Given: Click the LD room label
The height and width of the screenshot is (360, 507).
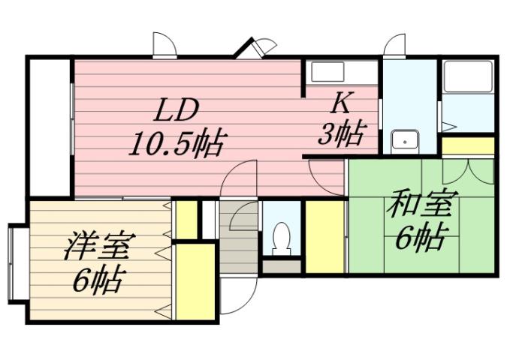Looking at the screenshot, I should click(177, 110).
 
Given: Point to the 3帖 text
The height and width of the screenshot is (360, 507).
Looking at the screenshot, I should click(341, 135).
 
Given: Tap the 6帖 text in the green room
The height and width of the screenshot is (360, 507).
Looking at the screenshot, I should click(415, 238).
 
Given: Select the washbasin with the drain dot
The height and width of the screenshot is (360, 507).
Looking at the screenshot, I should click(407, 140).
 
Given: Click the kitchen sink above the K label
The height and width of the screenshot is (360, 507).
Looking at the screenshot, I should click(328, 73).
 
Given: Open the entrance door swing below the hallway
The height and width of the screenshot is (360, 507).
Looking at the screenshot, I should click(236, 298).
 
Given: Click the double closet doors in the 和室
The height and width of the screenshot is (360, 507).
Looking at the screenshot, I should click(467, 170).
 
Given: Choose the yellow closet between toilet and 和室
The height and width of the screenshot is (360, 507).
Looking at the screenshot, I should click(323, 235).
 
